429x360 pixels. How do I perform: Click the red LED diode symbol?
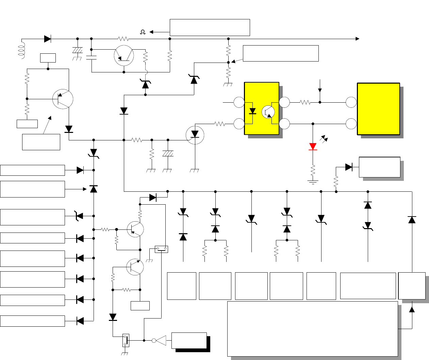313,147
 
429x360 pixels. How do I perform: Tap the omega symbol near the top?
143,32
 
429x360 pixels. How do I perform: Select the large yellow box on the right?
378,109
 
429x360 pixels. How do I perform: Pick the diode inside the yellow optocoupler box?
252,111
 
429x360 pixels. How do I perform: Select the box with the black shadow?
189,341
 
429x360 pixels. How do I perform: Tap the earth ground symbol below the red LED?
313,182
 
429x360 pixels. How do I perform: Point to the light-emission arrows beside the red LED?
324,139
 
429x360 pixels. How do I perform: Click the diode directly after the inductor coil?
48,39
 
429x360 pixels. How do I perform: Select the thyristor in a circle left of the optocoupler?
195,135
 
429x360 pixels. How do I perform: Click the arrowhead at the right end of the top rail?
357,39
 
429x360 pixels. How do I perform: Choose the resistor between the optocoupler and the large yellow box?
305,102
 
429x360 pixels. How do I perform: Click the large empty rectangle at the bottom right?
312,328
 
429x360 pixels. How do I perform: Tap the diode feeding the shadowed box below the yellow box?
349,167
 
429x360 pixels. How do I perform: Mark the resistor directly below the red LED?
313,170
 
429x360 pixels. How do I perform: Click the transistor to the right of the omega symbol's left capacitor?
124,56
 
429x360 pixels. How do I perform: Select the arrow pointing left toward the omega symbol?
151,32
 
